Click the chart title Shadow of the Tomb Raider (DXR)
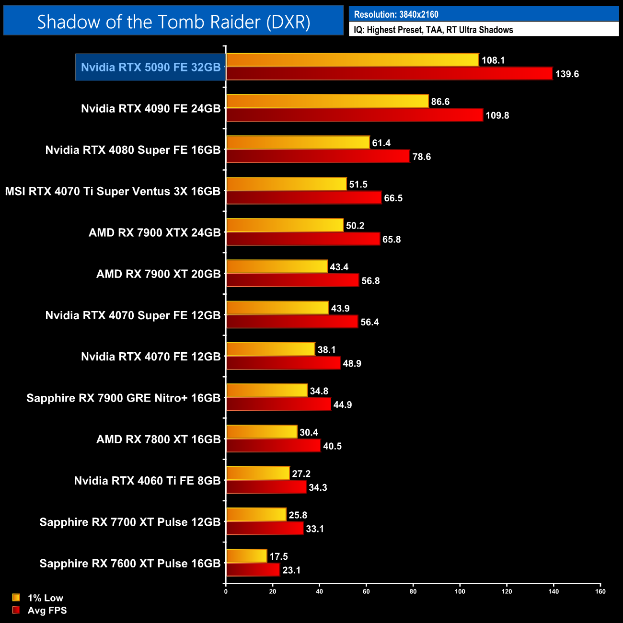click(173, 22)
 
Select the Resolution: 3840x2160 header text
click(396, 14)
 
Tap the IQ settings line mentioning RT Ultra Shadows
click(433, 30)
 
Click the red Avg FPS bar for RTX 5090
click(389, 74)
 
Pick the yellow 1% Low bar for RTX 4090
click(327, 101)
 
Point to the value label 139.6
click(567, 74)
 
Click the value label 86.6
click(440, 102)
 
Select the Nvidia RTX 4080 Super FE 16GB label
click(133, 150)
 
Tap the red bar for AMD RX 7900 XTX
click(303, 239)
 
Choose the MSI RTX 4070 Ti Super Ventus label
click(113, 191)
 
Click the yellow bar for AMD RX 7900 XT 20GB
click(277, 266)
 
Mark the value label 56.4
click(369, 322)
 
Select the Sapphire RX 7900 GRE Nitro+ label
click(123, 398)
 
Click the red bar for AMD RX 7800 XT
click(273, 446)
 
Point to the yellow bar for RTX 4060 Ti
click(258, 473)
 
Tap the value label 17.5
click(278, 556)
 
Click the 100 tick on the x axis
click(460, 591)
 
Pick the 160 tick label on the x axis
click(600, 591)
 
